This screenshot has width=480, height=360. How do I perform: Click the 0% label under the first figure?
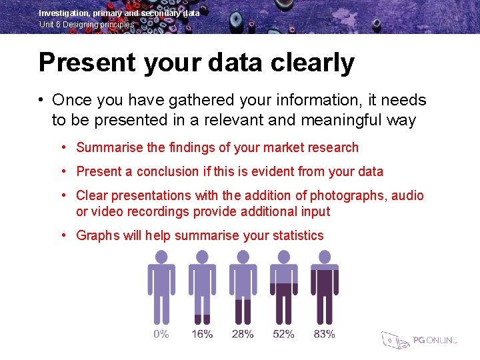point(161,333)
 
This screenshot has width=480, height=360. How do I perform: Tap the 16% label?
point(202,333)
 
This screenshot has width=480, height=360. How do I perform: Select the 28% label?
point(243,333)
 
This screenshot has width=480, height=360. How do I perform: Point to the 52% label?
point(283,333)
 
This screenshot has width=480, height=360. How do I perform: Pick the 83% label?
point(324,333)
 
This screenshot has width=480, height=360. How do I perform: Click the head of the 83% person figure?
point(325,257)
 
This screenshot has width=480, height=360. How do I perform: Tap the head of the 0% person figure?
point(161,257)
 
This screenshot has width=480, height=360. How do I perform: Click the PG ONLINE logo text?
point(435,340)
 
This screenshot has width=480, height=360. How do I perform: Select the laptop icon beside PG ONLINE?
point(394,340)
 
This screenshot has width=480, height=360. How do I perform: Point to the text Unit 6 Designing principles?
point(87,24)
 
